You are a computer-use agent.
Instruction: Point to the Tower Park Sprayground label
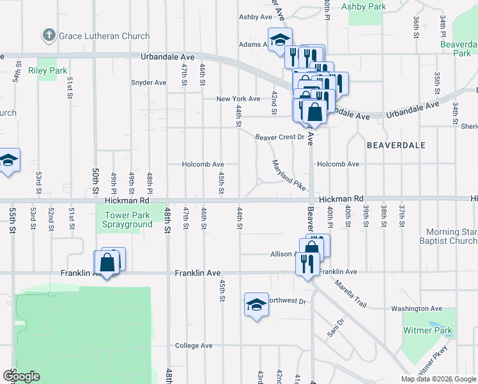coord(128,220)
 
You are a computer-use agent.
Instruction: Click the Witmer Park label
coord(428,331)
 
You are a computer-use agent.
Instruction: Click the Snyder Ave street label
coord(148,83)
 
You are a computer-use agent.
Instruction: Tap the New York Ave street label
coord(238,99)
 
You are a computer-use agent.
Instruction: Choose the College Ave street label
coord(194,346)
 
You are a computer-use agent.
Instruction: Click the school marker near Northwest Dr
coord(256,305)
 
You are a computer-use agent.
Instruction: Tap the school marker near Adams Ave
coord(280,40)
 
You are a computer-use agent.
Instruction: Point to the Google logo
coord(21,377)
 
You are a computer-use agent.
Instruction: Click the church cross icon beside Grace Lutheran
coord(49,35)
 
